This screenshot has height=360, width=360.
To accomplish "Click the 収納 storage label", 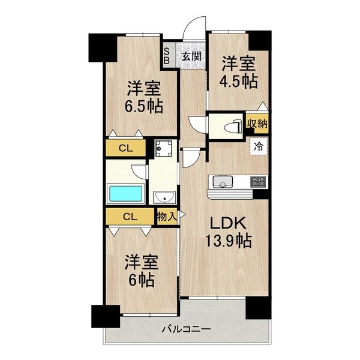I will click(257, 124).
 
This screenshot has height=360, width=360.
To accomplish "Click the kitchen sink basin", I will click(220, 182).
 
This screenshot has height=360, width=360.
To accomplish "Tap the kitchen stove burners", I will click(259, 181).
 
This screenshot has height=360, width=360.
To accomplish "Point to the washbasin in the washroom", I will click(163, 197).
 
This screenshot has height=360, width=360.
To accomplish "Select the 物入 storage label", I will click(166, 217).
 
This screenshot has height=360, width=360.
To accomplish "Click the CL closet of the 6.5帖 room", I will click(126, 148).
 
